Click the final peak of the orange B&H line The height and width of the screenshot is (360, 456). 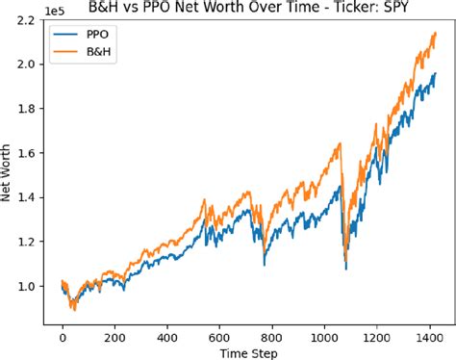click(434, 33)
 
